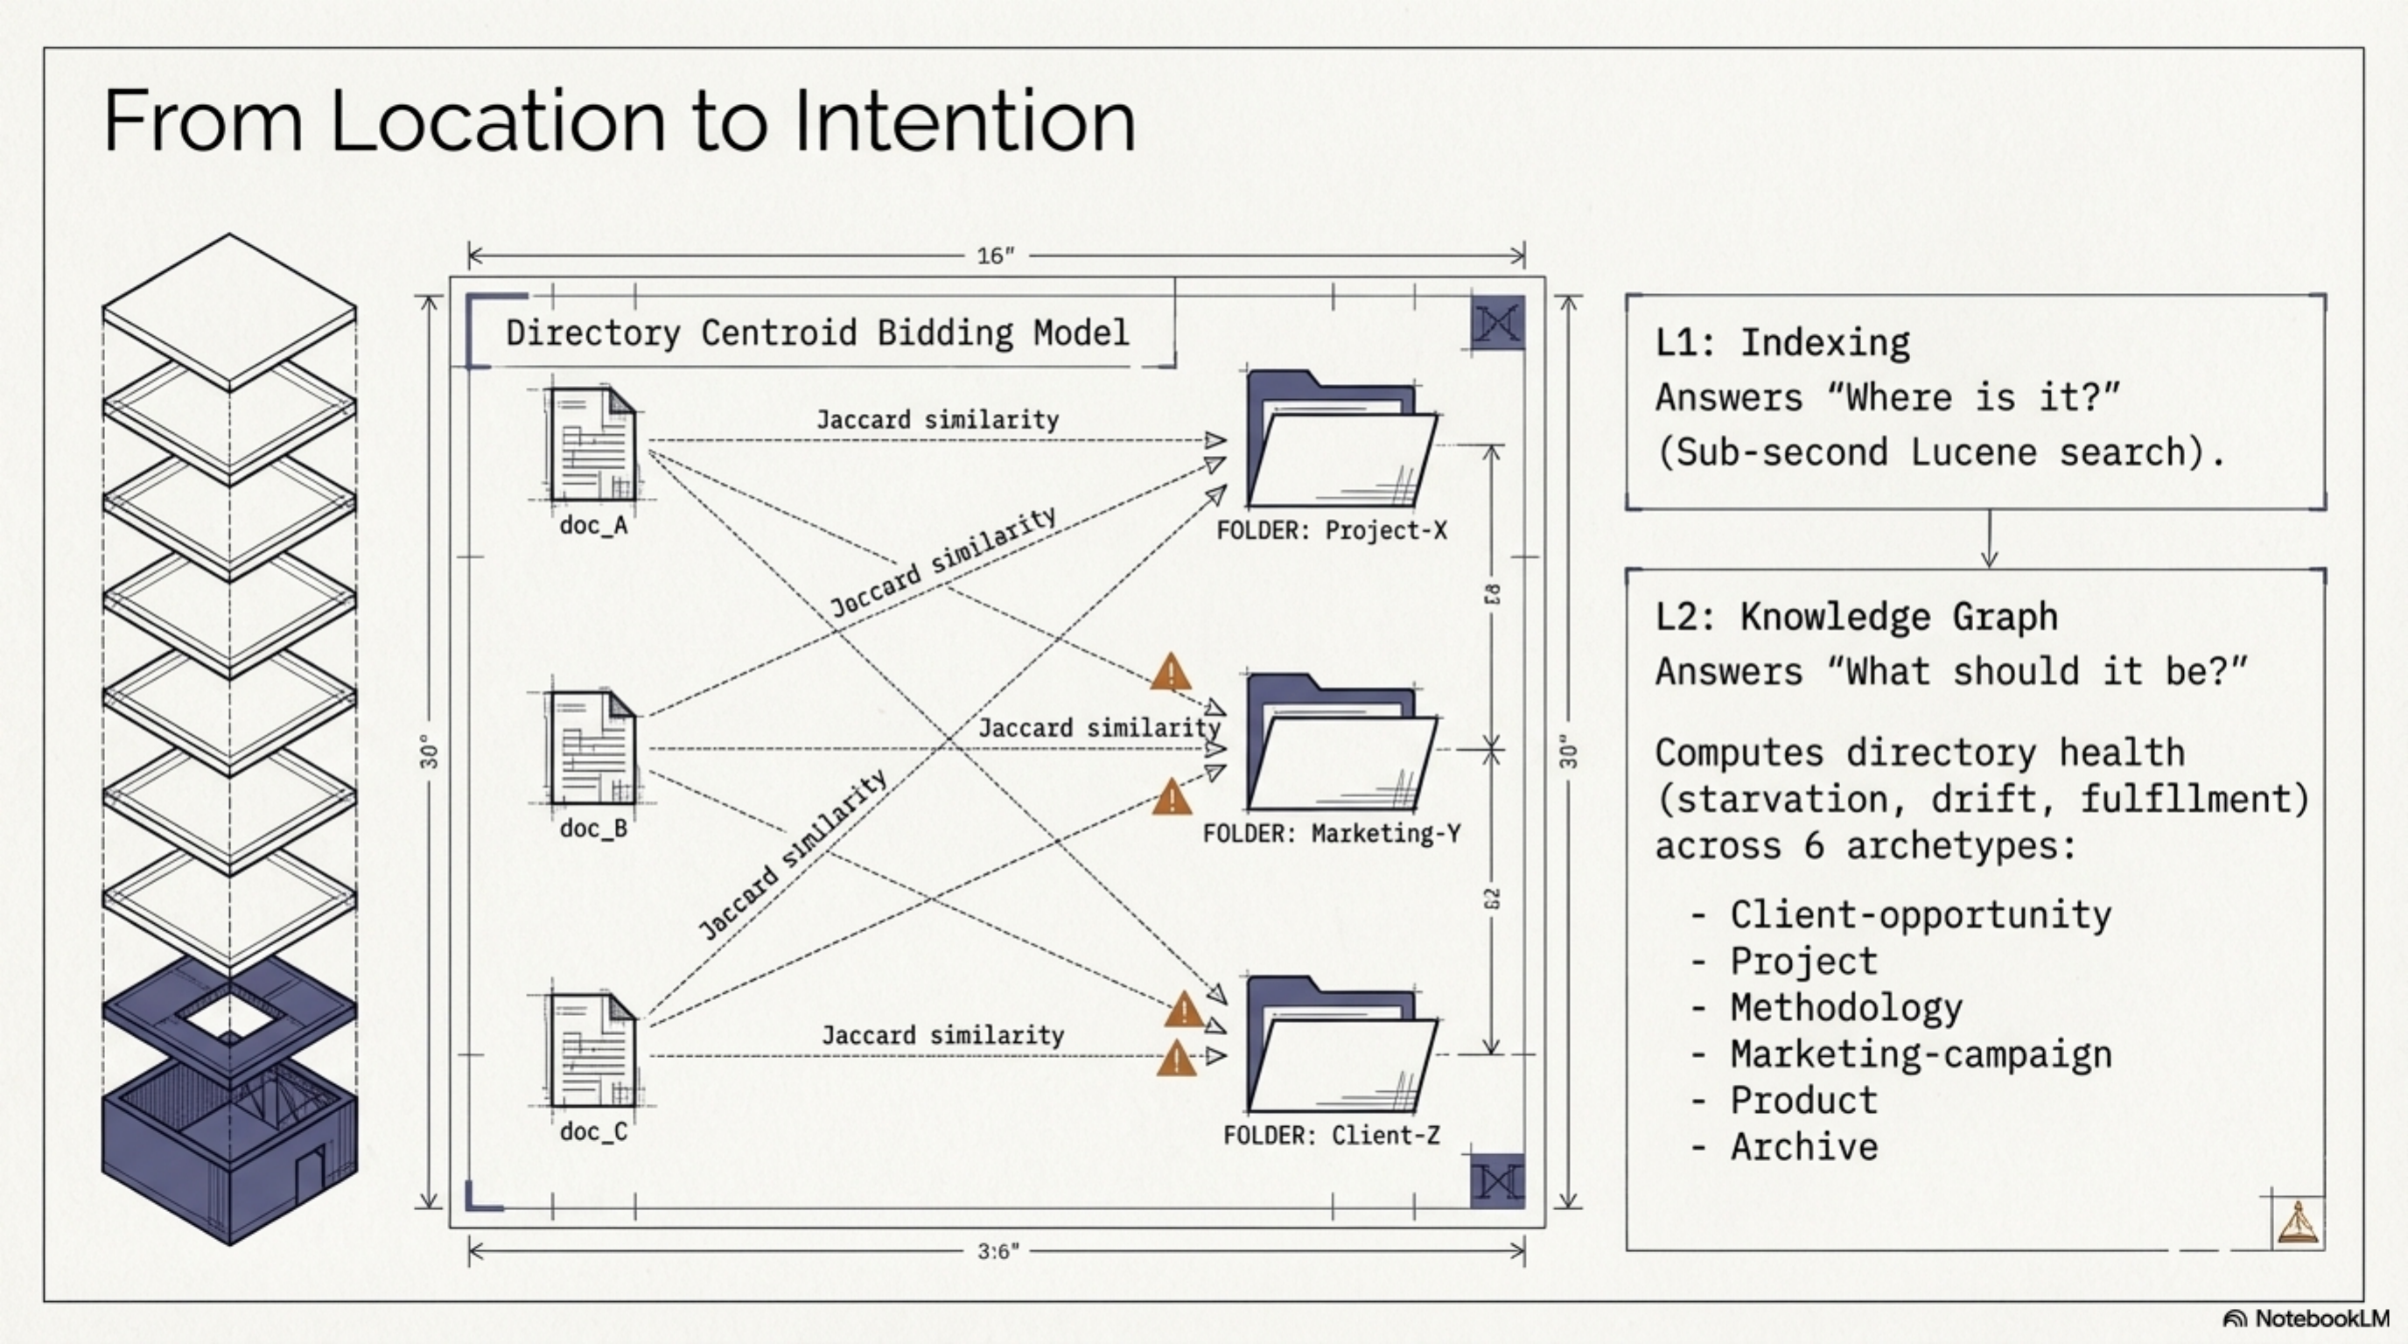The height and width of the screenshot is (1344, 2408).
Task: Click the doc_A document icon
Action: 592,444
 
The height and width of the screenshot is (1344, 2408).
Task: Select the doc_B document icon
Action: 592,748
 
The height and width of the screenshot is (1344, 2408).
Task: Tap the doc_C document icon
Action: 592,1051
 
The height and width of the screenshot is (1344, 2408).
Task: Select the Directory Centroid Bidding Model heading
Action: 817,332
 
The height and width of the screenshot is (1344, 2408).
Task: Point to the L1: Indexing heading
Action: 1781,343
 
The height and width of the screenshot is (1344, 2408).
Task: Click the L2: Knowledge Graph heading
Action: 1856,617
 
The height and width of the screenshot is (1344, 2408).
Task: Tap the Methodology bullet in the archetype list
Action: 1845,1007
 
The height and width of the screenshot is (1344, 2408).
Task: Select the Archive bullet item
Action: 1803,1147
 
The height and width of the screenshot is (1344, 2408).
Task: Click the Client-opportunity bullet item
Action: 1920,915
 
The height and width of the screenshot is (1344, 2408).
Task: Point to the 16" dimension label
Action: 996,255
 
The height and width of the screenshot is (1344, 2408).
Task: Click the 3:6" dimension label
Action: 997,1251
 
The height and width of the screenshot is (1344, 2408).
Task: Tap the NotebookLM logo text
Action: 2322,1319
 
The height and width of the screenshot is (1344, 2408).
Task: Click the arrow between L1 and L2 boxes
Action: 1988,539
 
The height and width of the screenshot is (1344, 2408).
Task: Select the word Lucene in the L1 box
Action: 1972,453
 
